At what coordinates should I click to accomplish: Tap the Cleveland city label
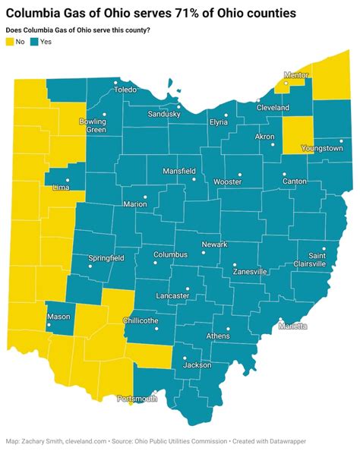tap(273, 108)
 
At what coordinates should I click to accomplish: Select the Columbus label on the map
tap(170, 255)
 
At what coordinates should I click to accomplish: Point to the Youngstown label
tap(322, 149)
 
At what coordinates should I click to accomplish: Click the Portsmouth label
tap(137, 398)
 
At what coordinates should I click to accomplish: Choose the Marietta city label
tap(293, 326)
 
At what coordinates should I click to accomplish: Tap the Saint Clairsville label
tap(312, 260)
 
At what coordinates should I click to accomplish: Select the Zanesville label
tap(250, 271)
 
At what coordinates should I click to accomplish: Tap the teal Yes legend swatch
tap(33, 64)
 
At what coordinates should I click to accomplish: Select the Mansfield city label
tap(182, 171)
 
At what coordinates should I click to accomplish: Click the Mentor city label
tap(295, 75)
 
